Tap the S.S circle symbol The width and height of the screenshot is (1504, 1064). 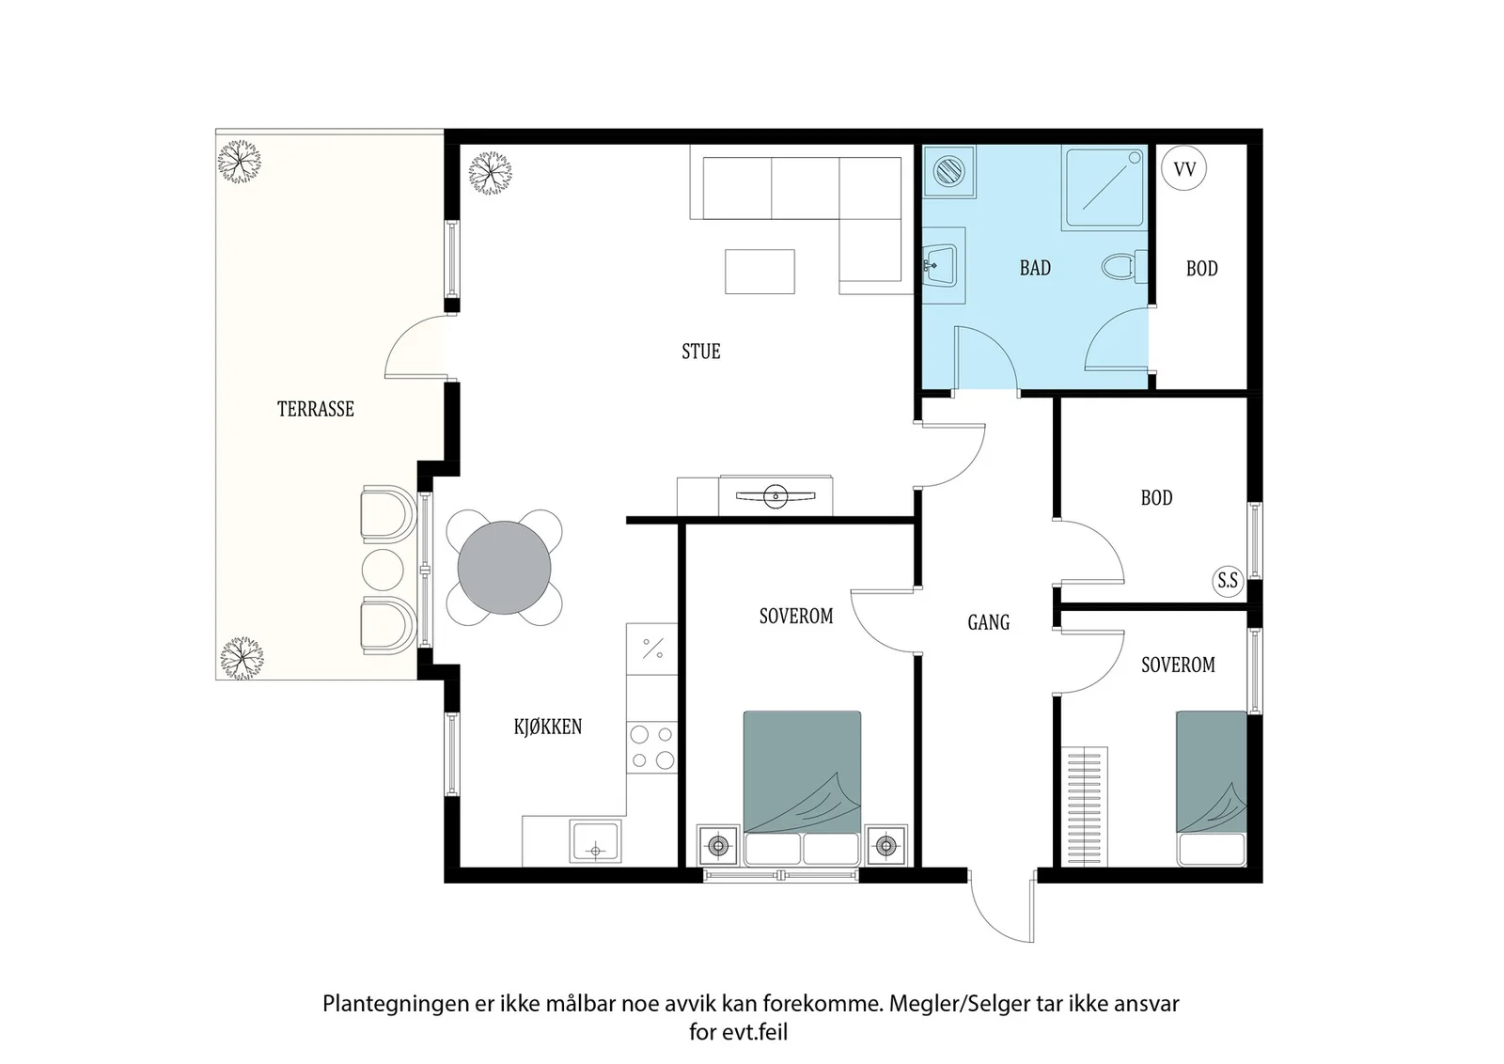[1228, 580]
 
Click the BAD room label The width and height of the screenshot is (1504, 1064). [1035, 268]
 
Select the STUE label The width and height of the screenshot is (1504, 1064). [701, 352]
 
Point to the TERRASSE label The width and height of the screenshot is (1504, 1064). [316, 409]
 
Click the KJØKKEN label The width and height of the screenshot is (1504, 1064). [548, 727]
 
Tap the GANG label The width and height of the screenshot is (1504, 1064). [988, 622]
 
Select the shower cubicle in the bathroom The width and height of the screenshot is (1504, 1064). [1104, 189]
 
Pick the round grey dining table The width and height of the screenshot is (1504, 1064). [504, 567]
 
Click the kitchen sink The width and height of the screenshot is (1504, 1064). [595, 841]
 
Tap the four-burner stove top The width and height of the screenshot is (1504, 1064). [652, 747]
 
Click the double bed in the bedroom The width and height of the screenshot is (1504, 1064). [802, 788]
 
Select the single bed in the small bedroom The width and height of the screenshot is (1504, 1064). [1212, 788]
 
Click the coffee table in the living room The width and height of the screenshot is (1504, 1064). [760, 272]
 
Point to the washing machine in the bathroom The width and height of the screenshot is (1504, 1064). [948, 171]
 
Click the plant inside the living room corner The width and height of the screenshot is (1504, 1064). [490, 173]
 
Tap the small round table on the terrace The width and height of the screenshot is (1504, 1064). [383, 570]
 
